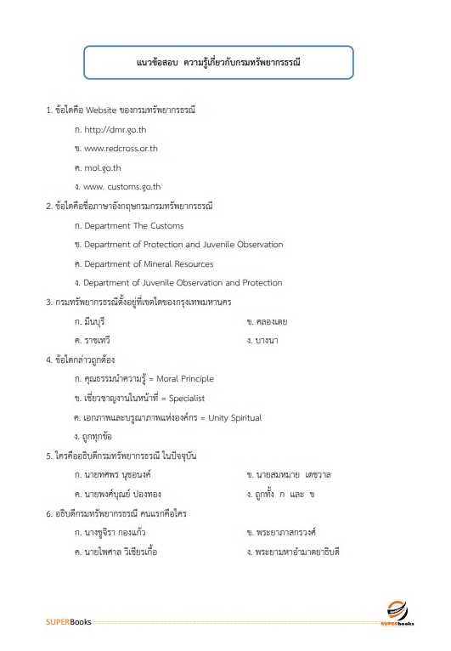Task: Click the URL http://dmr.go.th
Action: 116,129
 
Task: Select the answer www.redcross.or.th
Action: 121,149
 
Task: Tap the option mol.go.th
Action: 103,167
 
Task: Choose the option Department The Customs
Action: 133,226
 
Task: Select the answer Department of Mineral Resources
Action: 149,263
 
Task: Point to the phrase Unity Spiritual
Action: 231,417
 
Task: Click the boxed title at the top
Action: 219,63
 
